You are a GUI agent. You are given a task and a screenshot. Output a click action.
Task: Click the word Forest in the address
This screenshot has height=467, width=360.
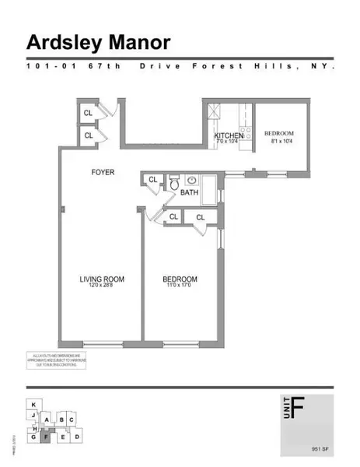204,67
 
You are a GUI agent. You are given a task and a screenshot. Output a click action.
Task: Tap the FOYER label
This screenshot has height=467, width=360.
103,172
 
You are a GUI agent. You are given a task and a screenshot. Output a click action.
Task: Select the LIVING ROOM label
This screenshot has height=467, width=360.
102,279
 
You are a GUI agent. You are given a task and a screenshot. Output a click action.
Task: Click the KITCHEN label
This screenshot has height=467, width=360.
229,135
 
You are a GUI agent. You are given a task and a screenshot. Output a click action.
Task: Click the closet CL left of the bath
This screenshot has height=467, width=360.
153,181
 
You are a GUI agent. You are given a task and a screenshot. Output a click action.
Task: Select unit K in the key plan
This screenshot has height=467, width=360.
33,406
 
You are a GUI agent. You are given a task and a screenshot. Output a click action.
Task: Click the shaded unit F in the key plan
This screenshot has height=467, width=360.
47,437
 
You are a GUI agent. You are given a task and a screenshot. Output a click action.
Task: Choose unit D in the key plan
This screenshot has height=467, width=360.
77,437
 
